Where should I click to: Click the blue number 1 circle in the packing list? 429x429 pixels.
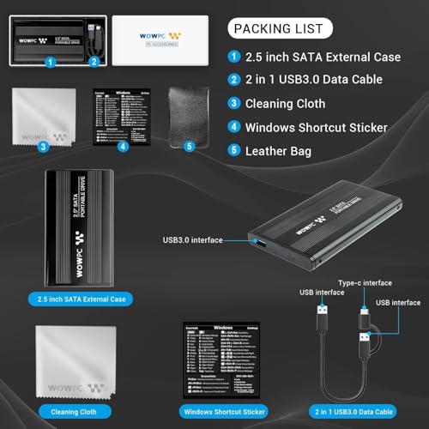coord(235,57)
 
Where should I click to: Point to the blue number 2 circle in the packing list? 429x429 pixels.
coord(235,80)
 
